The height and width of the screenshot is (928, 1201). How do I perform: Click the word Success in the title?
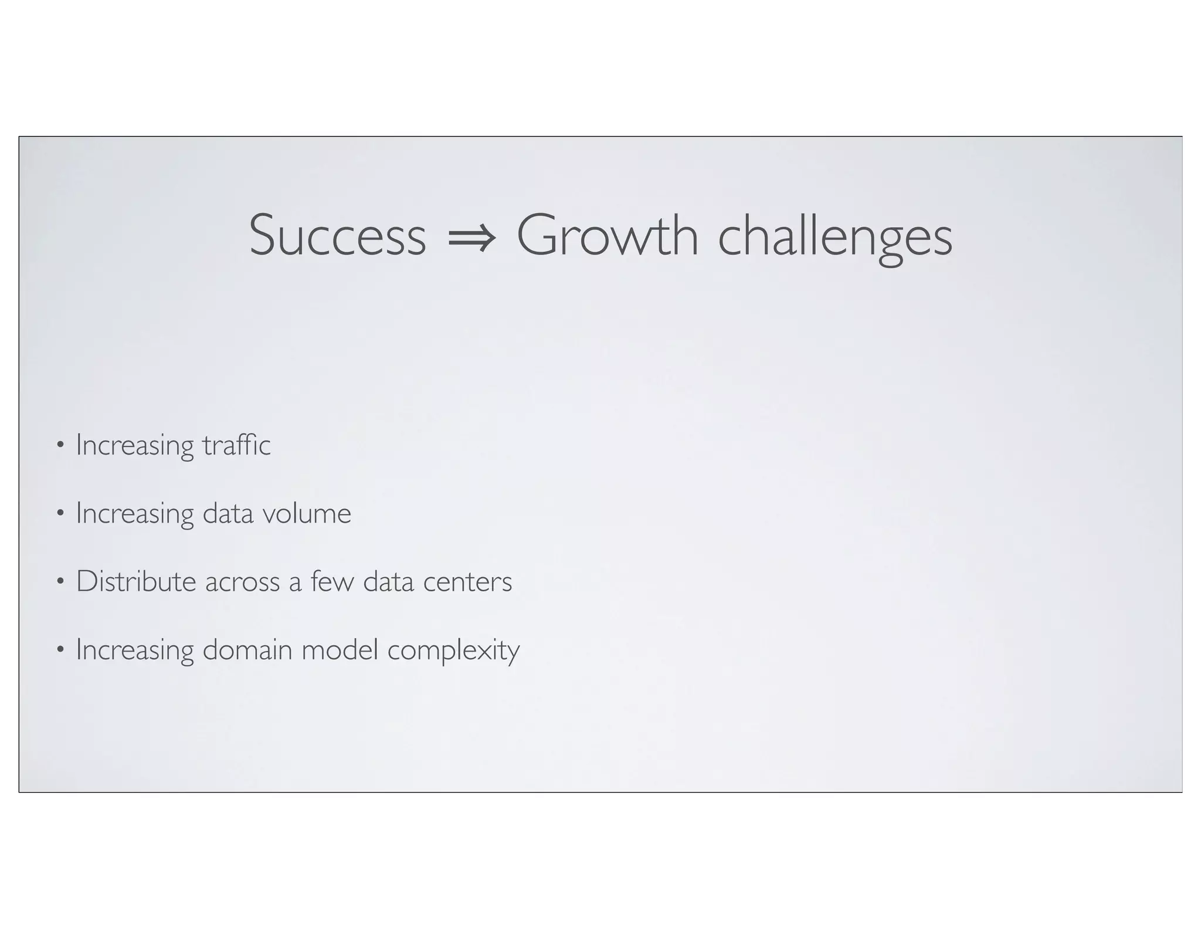point(337,236)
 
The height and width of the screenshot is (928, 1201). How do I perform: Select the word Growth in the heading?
point(607,236)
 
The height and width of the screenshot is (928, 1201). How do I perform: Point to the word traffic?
point(236,445)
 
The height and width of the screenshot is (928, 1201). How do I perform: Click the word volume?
point(306,513)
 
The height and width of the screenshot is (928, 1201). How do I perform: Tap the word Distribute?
point(136,581)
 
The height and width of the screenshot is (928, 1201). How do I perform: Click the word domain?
point(247,650)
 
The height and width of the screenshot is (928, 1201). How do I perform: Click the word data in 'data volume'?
point(228,513)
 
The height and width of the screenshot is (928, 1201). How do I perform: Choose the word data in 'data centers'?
point(388,581)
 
